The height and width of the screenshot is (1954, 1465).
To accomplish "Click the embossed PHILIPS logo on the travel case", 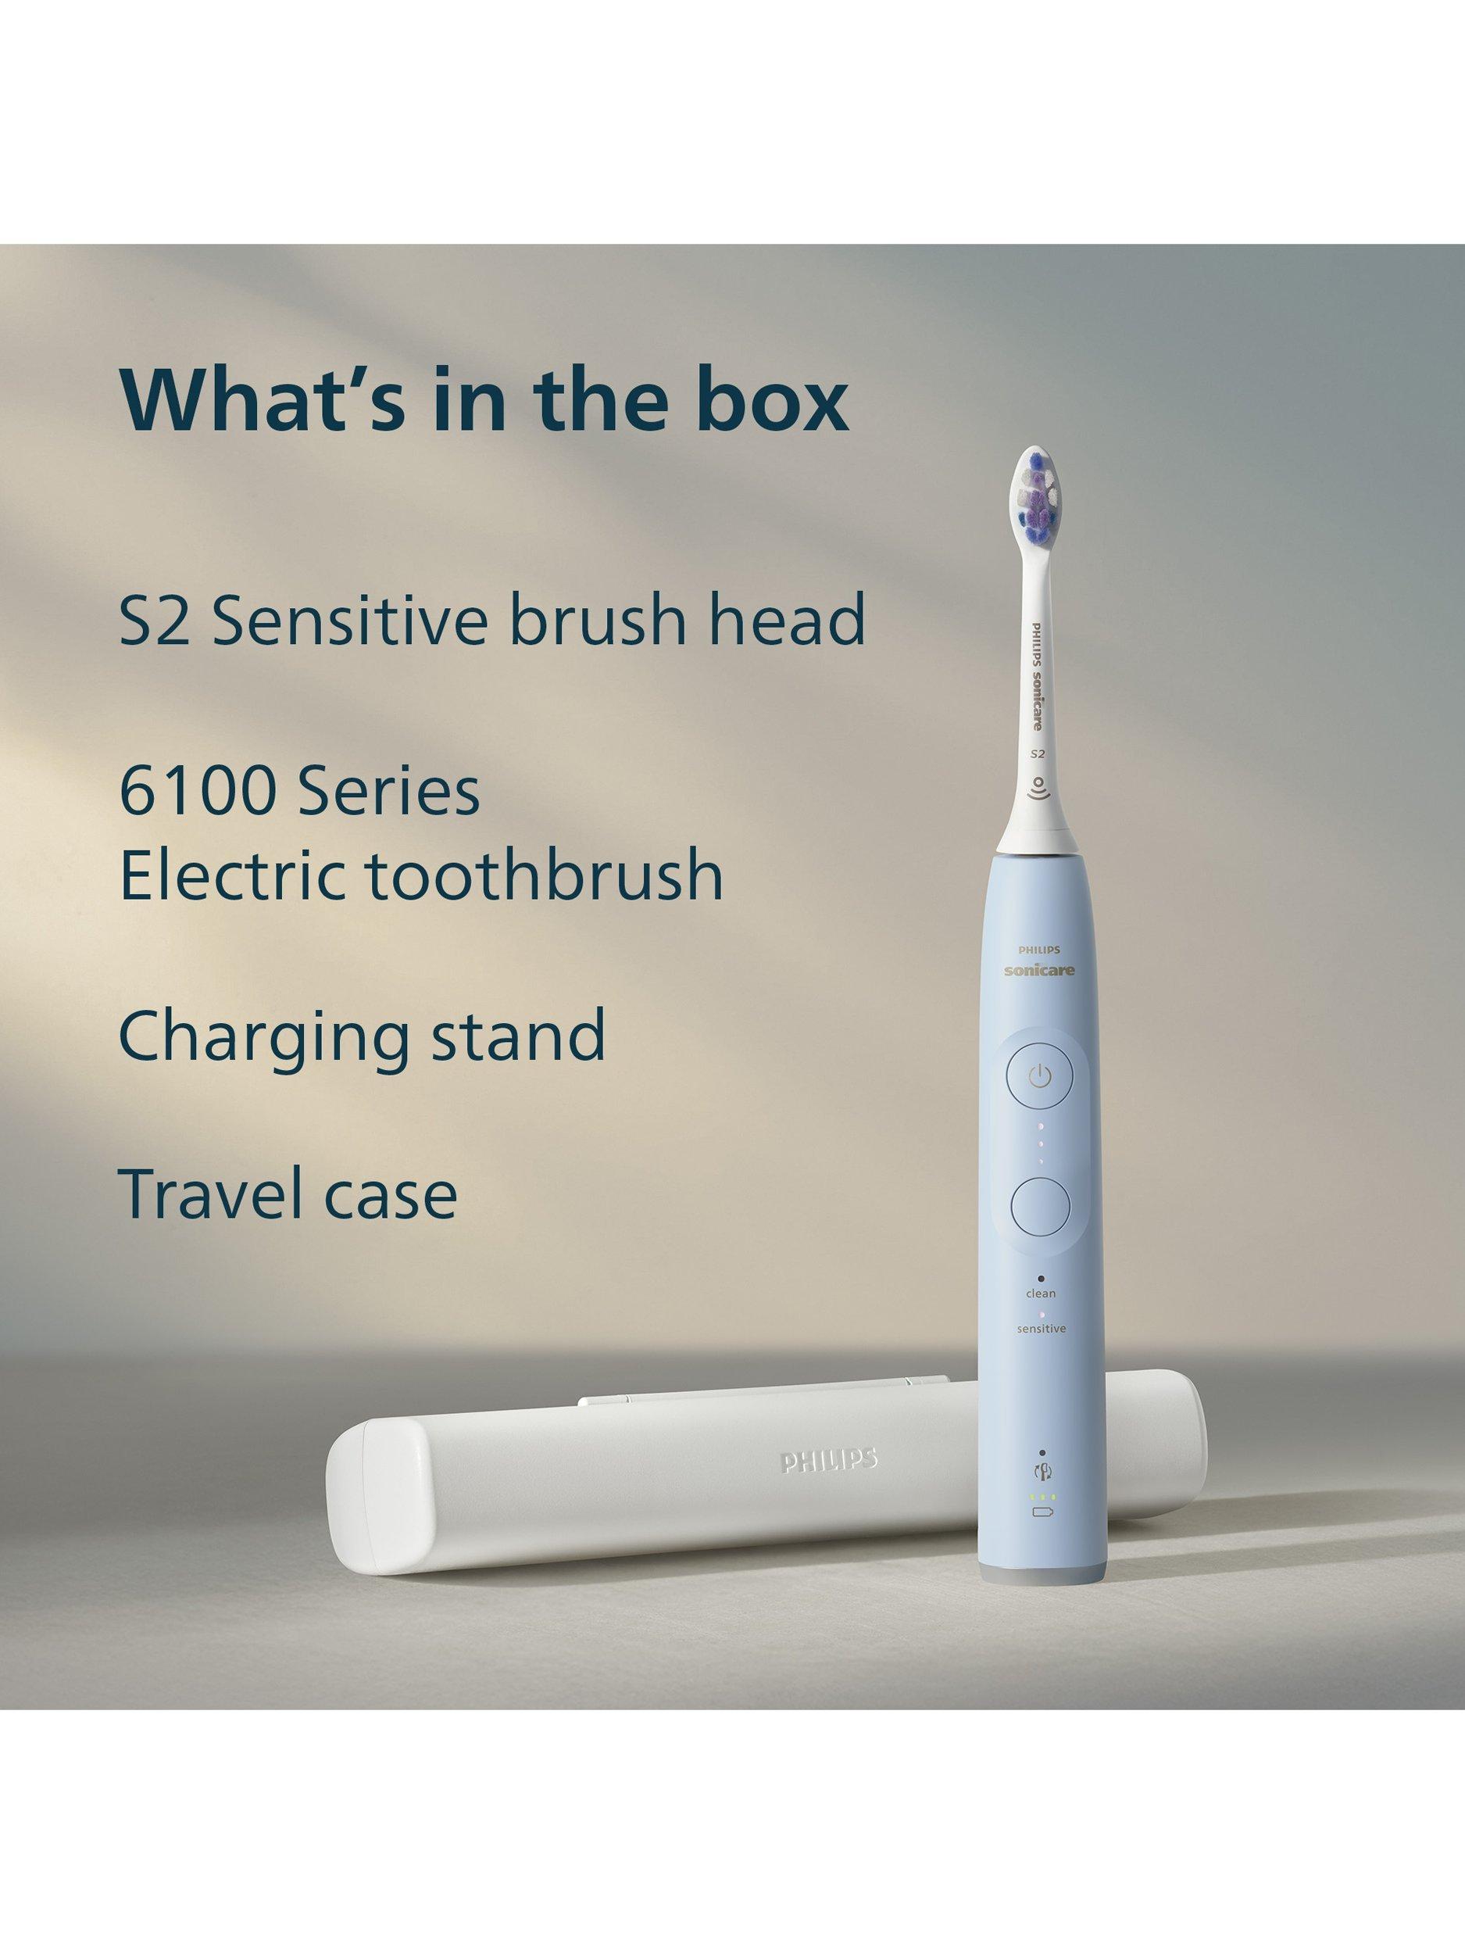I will tap(828, 1459).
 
